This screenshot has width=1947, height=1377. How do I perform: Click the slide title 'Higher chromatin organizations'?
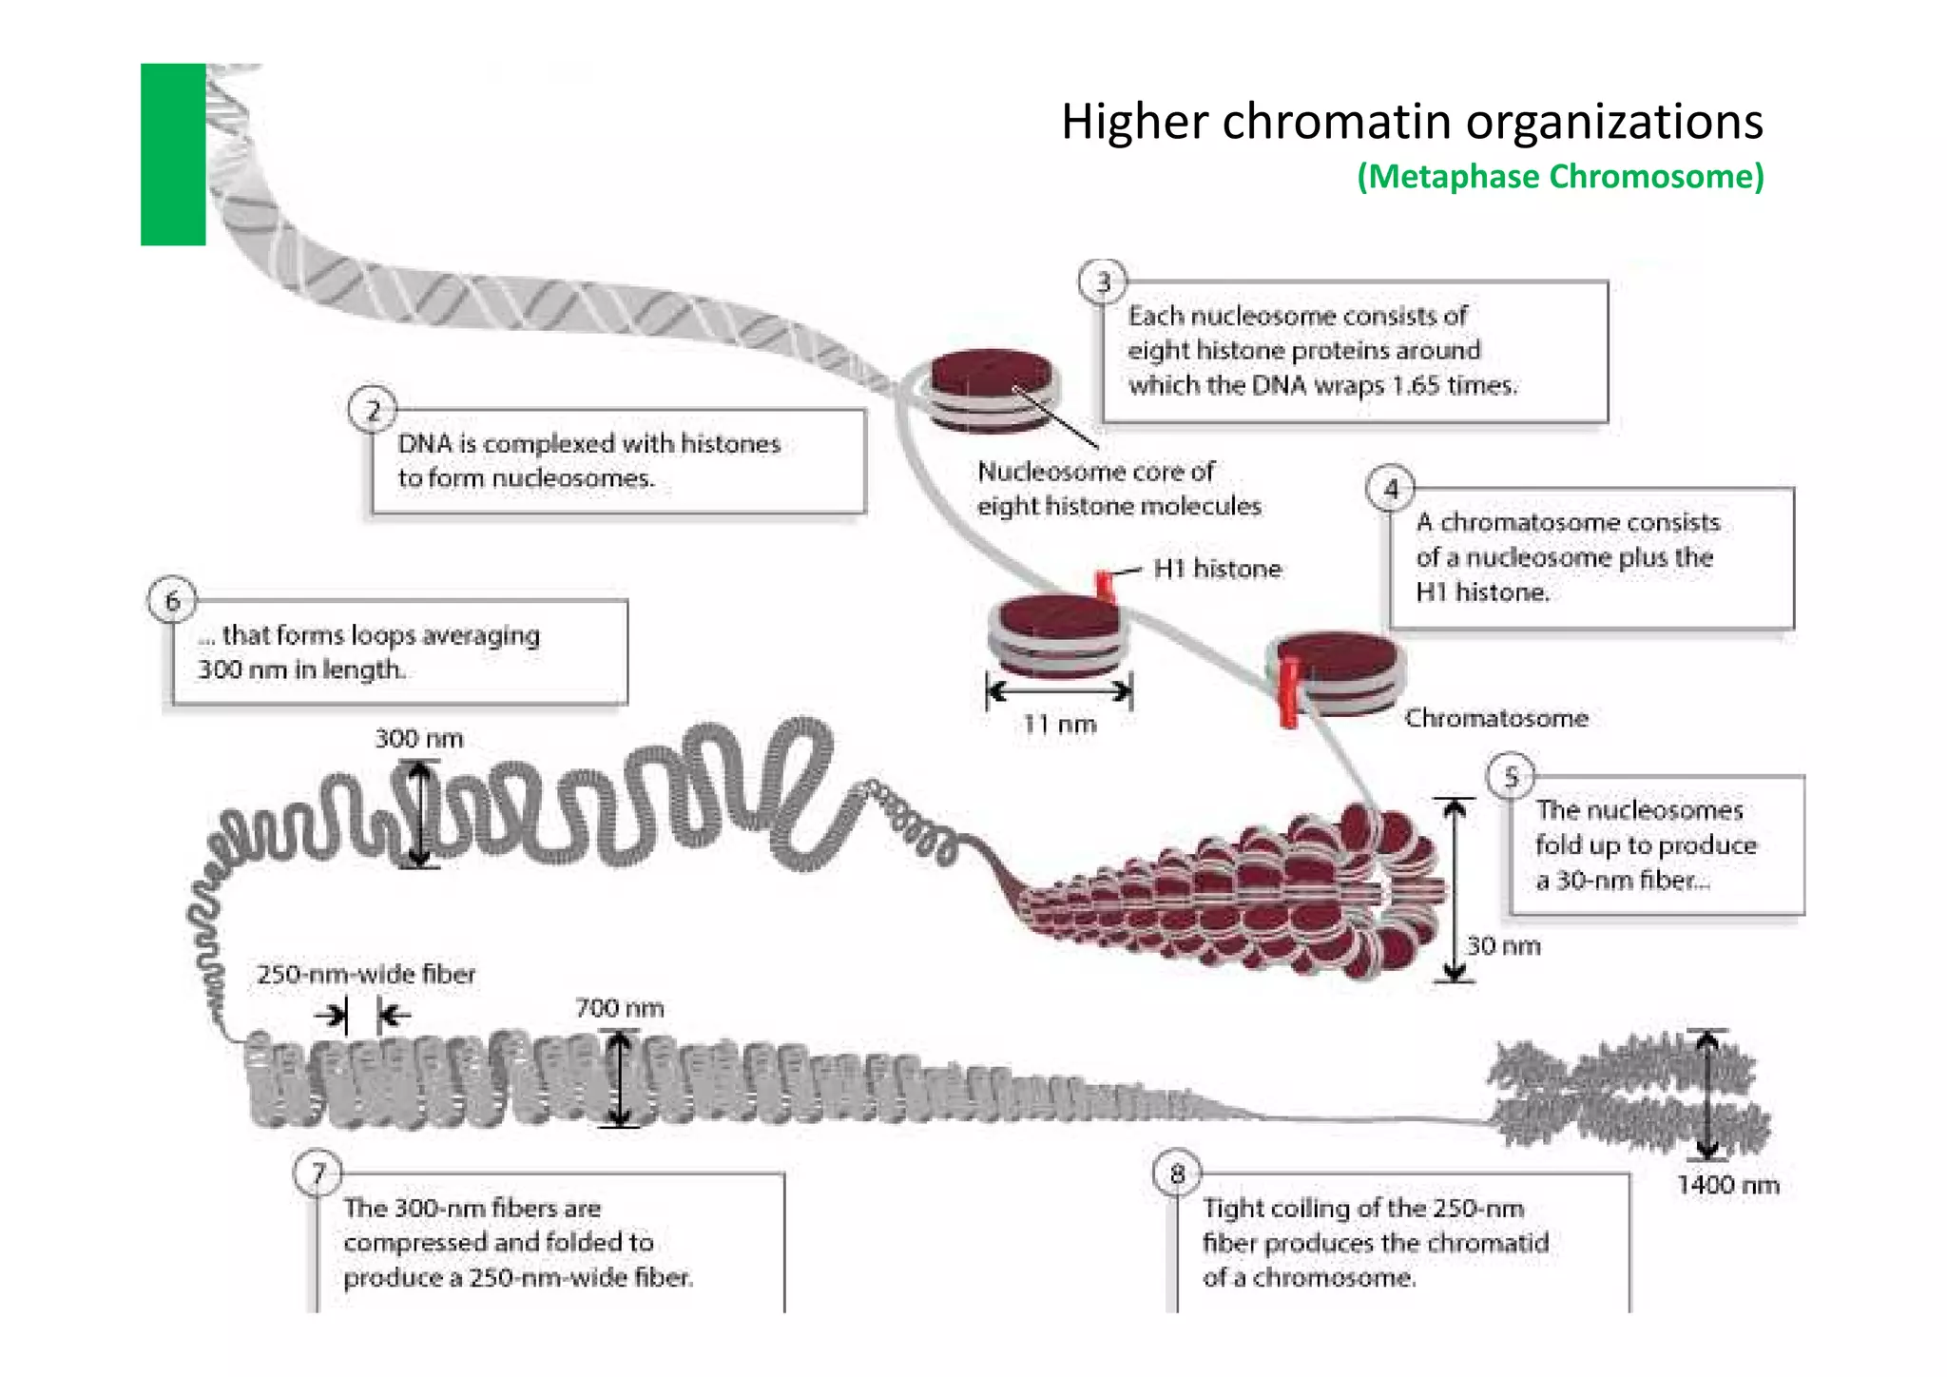(x=1412, y=122)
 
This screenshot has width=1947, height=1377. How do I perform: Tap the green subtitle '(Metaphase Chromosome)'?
(x=1560, y=177)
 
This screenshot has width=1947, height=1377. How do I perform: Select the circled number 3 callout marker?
(x=1103, y=281)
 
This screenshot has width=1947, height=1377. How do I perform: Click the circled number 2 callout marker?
(x=373, y=411)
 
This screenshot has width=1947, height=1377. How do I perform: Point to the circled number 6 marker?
(x=172, y=601)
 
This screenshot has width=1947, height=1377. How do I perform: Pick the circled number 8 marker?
(x=1177, y=1173)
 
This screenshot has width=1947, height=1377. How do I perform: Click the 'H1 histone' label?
(x=1217, y=569)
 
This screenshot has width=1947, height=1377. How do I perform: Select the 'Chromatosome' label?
(x=1496, y=718)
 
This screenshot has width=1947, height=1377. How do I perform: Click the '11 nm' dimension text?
(x=1059, y=725)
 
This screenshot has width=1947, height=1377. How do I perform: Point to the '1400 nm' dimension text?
(x=1727, y=1185)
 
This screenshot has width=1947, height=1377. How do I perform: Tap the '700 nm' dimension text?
(x=619, y=1008)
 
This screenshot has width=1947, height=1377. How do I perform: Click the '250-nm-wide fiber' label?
(x=366, y=974)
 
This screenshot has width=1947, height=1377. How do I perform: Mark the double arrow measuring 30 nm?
(x=1455, y=889)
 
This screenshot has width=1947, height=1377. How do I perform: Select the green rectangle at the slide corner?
(x=173, y=154)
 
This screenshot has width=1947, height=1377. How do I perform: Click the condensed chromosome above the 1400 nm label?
(x=1626, y=1094)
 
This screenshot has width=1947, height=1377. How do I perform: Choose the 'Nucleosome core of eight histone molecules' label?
(x=1119, y=489)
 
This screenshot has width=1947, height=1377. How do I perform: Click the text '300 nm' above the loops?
(x=419, y=739)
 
